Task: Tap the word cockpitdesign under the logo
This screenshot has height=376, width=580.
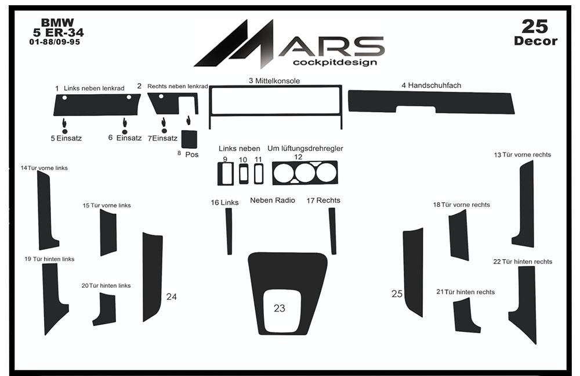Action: (x=335, y=62)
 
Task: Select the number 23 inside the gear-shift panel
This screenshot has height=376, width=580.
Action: (x=280, y=308)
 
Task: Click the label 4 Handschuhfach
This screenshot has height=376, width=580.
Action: (x=432, y=85)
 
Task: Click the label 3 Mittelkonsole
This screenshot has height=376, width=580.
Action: (x=274, y=81)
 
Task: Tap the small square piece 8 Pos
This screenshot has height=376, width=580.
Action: (x=189, y=139)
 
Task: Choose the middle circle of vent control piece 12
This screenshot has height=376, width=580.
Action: (x=305, y=173)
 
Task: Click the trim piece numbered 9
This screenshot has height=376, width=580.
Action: (x=225, y=174)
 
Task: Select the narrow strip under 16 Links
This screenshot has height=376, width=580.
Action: (x=229, y=231)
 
